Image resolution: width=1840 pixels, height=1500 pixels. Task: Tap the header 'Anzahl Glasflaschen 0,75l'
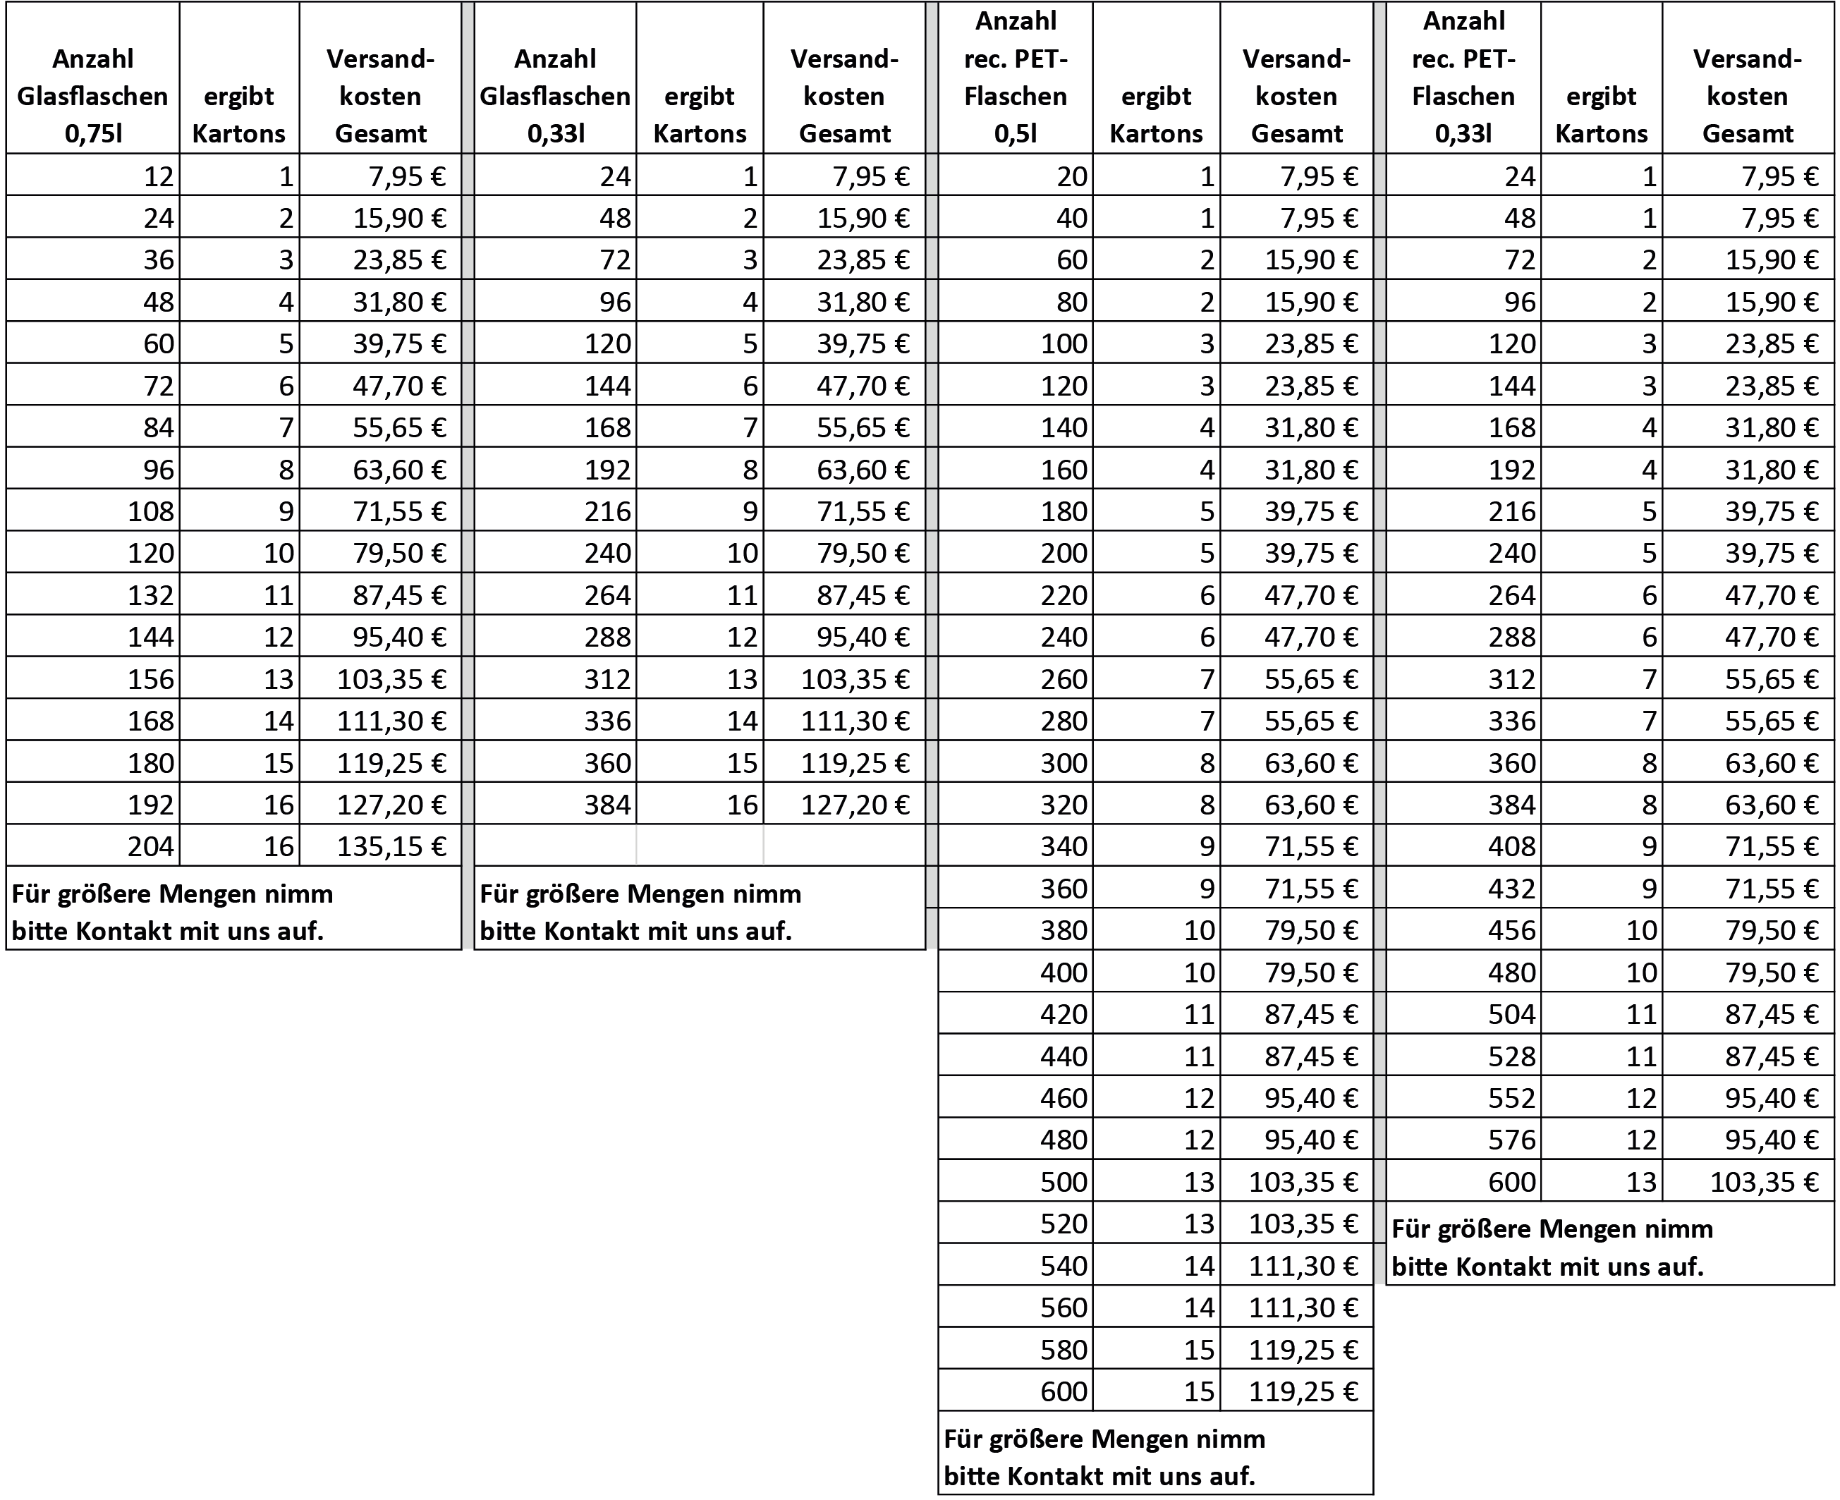click(92, 96)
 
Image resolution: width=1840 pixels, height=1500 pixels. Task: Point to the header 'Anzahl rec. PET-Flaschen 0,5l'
click(1015, 78)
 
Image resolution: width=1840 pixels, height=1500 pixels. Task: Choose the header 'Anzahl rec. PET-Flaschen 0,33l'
click(1463, 78)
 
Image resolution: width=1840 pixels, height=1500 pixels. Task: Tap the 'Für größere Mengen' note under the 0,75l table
click(173, 912)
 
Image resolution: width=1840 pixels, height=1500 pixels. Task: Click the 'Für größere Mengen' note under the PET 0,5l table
click(1106, 1457)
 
